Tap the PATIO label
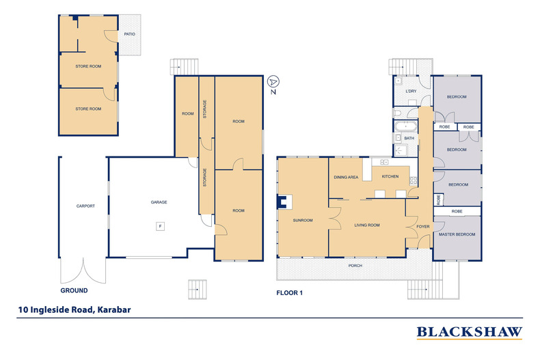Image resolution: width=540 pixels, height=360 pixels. (x=129, y=33)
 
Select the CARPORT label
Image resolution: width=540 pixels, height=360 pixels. (x=85, y=206)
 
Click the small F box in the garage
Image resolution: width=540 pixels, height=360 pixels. (x=160, y=226)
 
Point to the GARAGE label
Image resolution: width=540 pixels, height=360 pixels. (x=159, y=202)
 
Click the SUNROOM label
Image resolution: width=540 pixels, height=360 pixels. (x=302, y=221)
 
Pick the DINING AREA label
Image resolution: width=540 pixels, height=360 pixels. (x=346, y=178)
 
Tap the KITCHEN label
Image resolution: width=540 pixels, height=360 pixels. (x=390, y=178)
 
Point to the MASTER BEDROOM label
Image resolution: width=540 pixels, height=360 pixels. (x=457, y=234)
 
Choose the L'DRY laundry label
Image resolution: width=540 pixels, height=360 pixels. (x=411, y=91)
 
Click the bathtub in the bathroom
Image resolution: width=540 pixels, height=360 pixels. (x=405, y=126)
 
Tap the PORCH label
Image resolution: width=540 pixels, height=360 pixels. (x=355, y=266)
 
